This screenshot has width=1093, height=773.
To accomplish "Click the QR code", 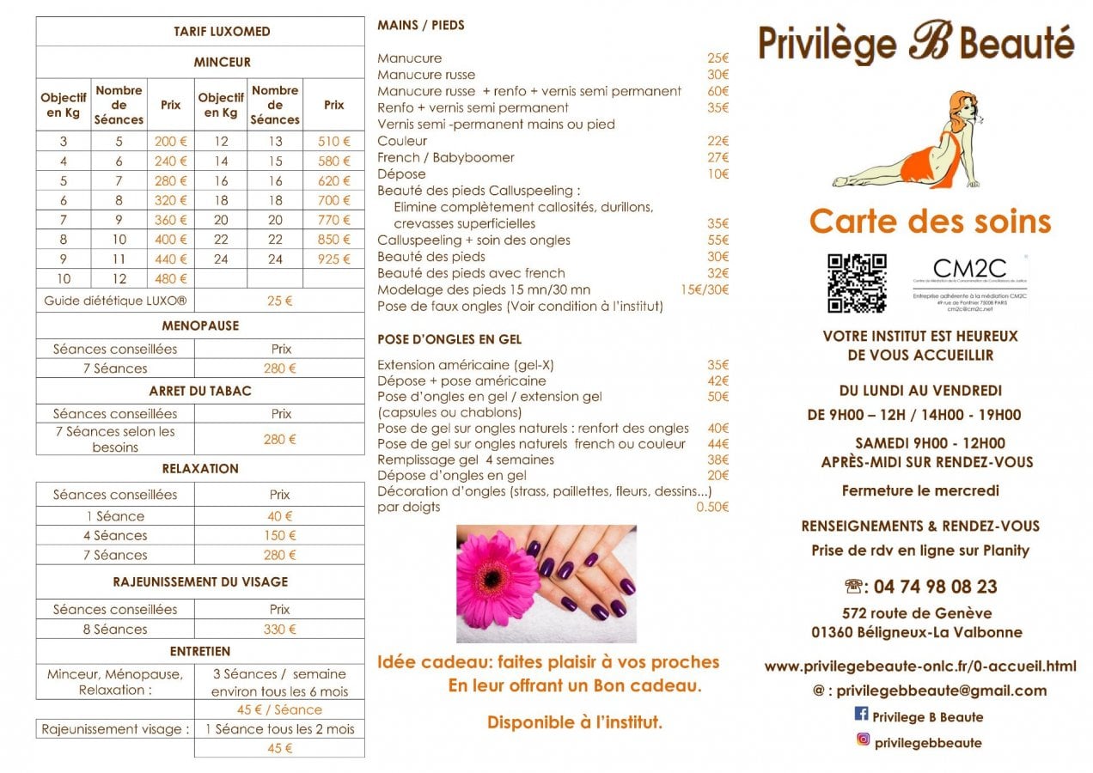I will tap(857, 283).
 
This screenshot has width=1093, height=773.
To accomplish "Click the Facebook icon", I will tap(861, 714).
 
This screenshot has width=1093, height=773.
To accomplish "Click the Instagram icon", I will tap(863, 740).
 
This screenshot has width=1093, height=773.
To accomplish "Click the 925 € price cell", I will tap(333, 259).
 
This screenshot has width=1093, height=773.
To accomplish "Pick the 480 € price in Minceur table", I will tap(170, 278).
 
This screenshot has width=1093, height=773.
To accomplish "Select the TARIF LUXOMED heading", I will tap(222, 32).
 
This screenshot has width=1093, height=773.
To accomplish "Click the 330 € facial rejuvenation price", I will tap(279, 629).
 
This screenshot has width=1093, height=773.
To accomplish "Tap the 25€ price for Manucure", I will tap(717, 58).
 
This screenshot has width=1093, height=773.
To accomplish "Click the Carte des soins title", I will tap(930, 222).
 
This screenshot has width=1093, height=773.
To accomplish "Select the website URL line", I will tap(919, 666).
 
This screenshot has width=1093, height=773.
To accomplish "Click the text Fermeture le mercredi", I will tap(919, 491).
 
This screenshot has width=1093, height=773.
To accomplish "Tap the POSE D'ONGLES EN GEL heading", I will tap(449, 339).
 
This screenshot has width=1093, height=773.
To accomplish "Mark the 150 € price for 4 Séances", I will tap(279, 535).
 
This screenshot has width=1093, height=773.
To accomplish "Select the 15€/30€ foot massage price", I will tap(704, 289).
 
